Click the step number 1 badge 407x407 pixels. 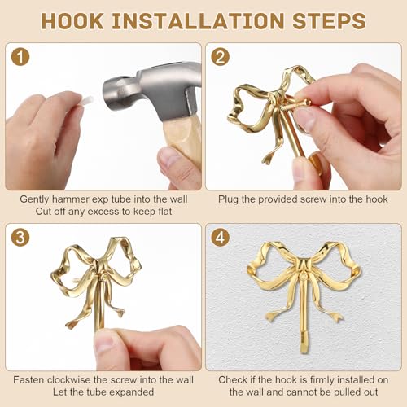click(20, 57)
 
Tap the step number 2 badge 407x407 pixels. click(221, 57)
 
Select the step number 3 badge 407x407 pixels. click(20, 238)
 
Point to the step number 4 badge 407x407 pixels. click(221, 238)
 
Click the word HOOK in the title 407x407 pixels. click(72, 21)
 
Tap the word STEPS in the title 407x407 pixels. click(329, 21)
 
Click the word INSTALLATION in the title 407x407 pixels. click(198, 21)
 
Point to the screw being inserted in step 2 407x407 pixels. click(296, 105)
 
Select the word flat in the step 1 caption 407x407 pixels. click(164, 212)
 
